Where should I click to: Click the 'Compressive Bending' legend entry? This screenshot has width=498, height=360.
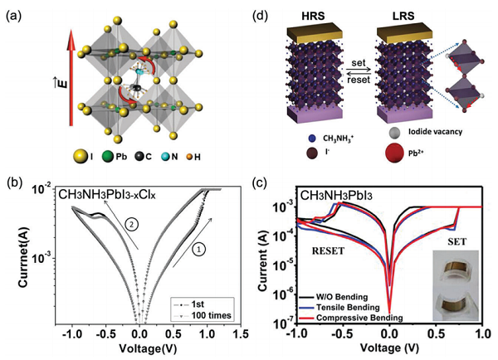point(364,317)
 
